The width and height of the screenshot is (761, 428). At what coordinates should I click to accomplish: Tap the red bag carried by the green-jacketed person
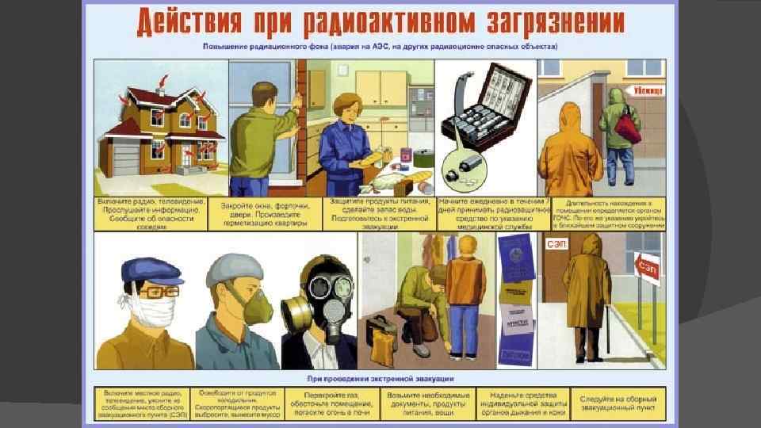tap(628, 127)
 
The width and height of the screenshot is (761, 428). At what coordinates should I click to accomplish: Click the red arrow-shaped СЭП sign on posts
tap(645, 261)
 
